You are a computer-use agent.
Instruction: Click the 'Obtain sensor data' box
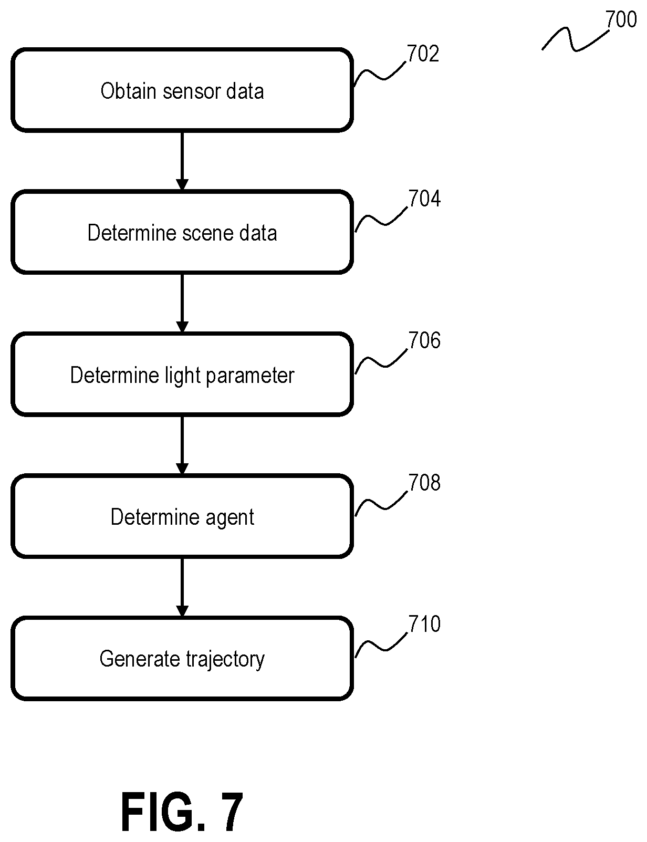tap(182, 90)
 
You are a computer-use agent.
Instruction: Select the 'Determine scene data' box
tap(182, 232)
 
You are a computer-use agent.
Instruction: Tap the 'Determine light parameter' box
tap(182, 375)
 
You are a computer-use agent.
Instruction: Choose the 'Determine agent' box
tap(182, 516)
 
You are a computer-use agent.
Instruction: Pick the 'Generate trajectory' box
tap(182, 658)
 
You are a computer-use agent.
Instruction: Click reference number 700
tap(621, 19)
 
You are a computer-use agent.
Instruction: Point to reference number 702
tap(423, 54)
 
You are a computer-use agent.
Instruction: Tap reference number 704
tap(425, 199)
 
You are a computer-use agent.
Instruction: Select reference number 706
tap(425, 340)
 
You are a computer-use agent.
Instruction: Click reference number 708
tap(425, 482)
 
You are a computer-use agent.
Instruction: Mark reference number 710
tap(425, 624)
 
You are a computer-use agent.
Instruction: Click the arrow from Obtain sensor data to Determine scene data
tap(182, 161)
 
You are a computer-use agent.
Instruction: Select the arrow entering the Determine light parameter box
tap(182, 304)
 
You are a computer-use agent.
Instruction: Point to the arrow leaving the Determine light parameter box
tap(182, 445)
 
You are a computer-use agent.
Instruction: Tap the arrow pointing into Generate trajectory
tap(182, 587)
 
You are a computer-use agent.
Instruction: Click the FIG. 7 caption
tap(182, 812)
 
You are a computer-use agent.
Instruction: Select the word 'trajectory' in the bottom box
tap(225, 660)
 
